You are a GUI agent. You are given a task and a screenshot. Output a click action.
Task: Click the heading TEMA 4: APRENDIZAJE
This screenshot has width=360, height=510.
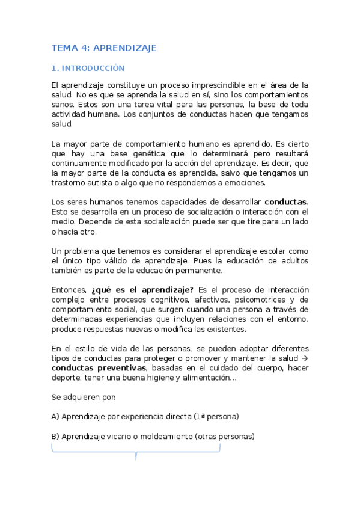pos(104,48)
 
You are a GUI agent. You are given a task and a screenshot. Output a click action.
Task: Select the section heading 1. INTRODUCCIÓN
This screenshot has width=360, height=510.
pos(88,69)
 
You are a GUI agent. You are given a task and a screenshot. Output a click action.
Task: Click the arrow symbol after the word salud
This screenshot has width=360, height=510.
pos(304,358)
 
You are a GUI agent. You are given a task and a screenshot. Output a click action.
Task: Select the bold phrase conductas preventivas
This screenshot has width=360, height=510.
pos(99,368)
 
